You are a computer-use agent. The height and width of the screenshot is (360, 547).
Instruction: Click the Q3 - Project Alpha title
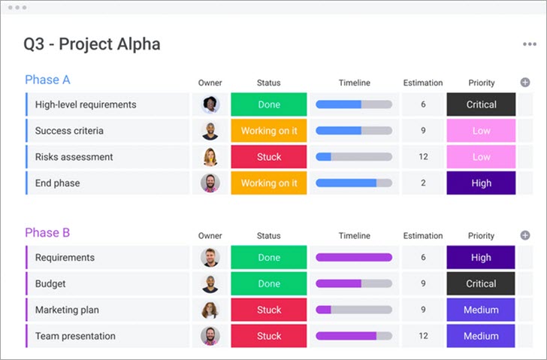tap(92, 44)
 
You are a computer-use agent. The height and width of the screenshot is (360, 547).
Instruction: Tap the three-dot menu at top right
tap(530, 44)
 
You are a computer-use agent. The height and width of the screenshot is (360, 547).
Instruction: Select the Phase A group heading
tap(47, 80)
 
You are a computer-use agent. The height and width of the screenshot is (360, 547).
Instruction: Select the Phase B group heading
tap(47, 233)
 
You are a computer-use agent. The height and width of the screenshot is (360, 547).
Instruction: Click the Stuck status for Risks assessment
tap(269, 157)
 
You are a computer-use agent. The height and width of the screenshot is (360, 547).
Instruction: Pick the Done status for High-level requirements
tap(269, 104)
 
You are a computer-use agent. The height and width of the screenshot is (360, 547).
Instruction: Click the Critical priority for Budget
tap(481, 284)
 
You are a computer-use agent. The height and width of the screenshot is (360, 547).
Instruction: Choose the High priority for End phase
tap(481, 183)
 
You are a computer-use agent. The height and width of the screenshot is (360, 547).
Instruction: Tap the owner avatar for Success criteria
tap(210, 131)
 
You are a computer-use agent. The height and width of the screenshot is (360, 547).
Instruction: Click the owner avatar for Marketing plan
tap(210, 310)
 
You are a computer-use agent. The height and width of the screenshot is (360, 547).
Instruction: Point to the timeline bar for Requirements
tap(354, 258)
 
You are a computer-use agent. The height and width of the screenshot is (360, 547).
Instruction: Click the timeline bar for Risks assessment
tap(354, 157)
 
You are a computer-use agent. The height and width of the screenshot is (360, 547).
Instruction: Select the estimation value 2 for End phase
tap(423, 183)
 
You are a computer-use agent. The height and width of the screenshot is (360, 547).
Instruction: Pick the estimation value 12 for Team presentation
tap(423, 337)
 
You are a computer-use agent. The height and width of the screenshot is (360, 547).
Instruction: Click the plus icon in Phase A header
tap(525, 83)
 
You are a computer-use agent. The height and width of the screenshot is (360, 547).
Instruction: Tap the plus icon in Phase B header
tap(525, 236)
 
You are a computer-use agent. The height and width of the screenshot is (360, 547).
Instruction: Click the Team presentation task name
tap(75, 337)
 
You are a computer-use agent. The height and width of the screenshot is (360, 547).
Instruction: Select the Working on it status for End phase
tap(269, 183)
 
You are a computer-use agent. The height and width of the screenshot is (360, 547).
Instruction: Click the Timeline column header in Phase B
tap(354, 236)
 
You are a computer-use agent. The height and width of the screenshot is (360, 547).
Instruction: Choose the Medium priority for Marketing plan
tap(481, 310)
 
